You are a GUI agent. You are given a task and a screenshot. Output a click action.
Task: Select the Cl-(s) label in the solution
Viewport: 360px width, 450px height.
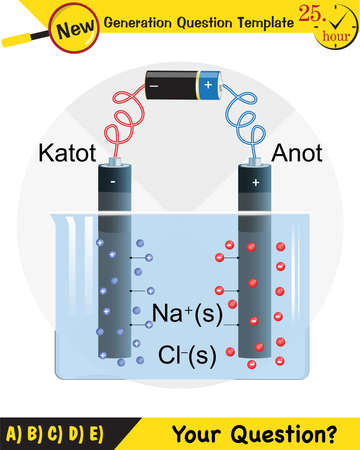(x=188, y=354)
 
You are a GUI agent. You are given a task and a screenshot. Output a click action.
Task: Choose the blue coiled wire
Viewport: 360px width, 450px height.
(x=247, y=118)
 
